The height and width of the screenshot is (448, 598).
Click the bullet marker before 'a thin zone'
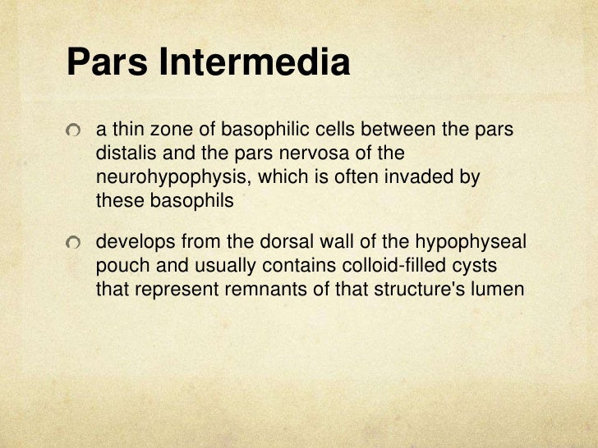click(x=76, y=131)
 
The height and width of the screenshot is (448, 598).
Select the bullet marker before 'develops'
click(x=76, y=245)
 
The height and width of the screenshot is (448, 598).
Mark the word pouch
click(x=120, y=267)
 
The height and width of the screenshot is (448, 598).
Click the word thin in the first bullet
click(x=124, y=130)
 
